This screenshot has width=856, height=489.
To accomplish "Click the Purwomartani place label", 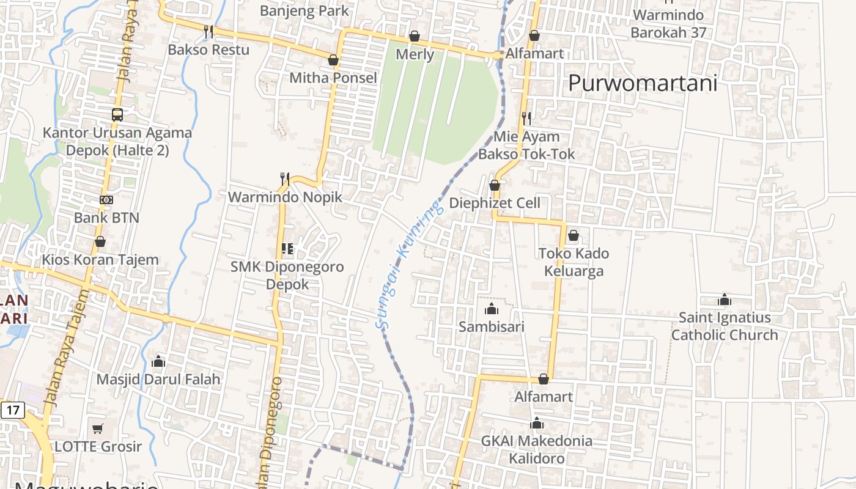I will [643, 83].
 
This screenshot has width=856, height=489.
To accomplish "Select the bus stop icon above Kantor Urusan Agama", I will [117, 114].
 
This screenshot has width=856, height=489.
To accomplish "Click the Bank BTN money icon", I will [106, 200].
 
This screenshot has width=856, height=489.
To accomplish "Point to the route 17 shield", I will [12, 409].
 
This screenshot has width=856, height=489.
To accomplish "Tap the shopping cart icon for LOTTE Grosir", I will [98, 428].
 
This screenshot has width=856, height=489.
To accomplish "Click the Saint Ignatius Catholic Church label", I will [725, 326].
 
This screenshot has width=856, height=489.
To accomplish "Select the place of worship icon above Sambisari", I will [491, 309].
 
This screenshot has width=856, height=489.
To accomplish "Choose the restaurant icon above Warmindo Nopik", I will [285, 179].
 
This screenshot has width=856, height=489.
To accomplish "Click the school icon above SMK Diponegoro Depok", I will [287, 249].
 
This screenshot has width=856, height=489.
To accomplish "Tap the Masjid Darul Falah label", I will [158, 379].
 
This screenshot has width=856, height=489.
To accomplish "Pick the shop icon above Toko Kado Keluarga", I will [574, 235].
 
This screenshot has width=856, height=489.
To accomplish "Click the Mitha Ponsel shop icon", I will [333, 60].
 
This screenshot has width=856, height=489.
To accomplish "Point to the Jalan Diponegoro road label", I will [271, 431].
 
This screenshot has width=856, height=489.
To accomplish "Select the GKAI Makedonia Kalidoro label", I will [536, 449].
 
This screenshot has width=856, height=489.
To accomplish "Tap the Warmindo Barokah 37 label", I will [668, 23].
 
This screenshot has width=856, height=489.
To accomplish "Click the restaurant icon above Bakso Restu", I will [208, 31].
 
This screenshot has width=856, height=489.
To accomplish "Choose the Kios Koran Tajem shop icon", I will [100, 242].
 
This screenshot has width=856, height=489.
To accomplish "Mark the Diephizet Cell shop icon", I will [495, 185].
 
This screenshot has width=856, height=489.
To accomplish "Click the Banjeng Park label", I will [304, 10].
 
